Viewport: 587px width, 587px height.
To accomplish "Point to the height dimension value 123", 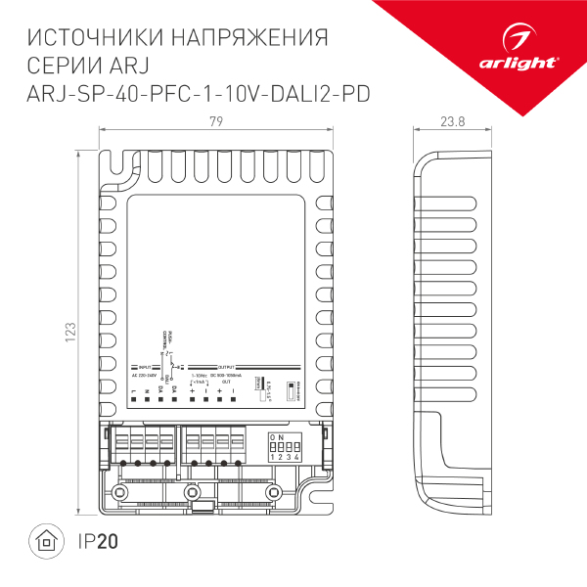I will point(68,332).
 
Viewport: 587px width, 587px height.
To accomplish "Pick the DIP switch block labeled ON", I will point(282,446).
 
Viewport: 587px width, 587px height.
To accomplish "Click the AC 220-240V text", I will point(145,376).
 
